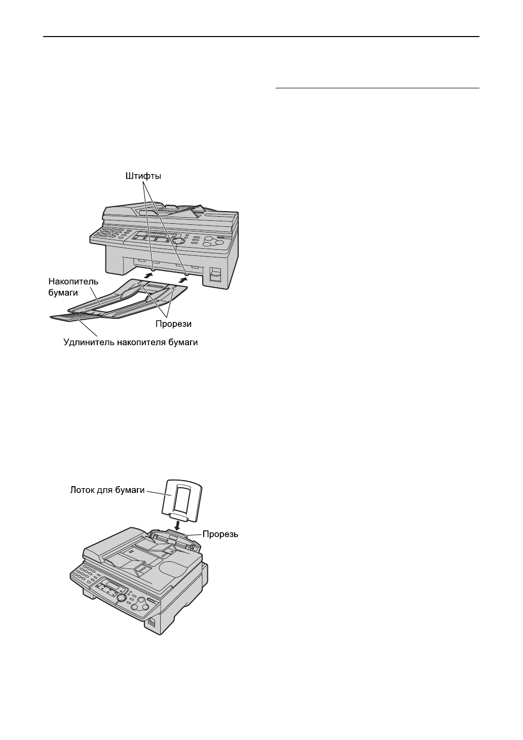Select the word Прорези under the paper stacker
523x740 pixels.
click(x=173, y=323)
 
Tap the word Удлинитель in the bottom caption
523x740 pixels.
click(x=88, y=343)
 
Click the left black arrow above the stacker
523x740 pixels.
click(x=147, y=275)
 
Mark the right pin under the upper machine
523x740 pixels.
click(x=186, y=274)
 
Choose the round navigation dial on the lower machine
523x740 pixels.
click(x=122, y=598)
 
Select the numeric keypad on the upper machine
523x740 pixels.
click(x=107, y=233)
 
